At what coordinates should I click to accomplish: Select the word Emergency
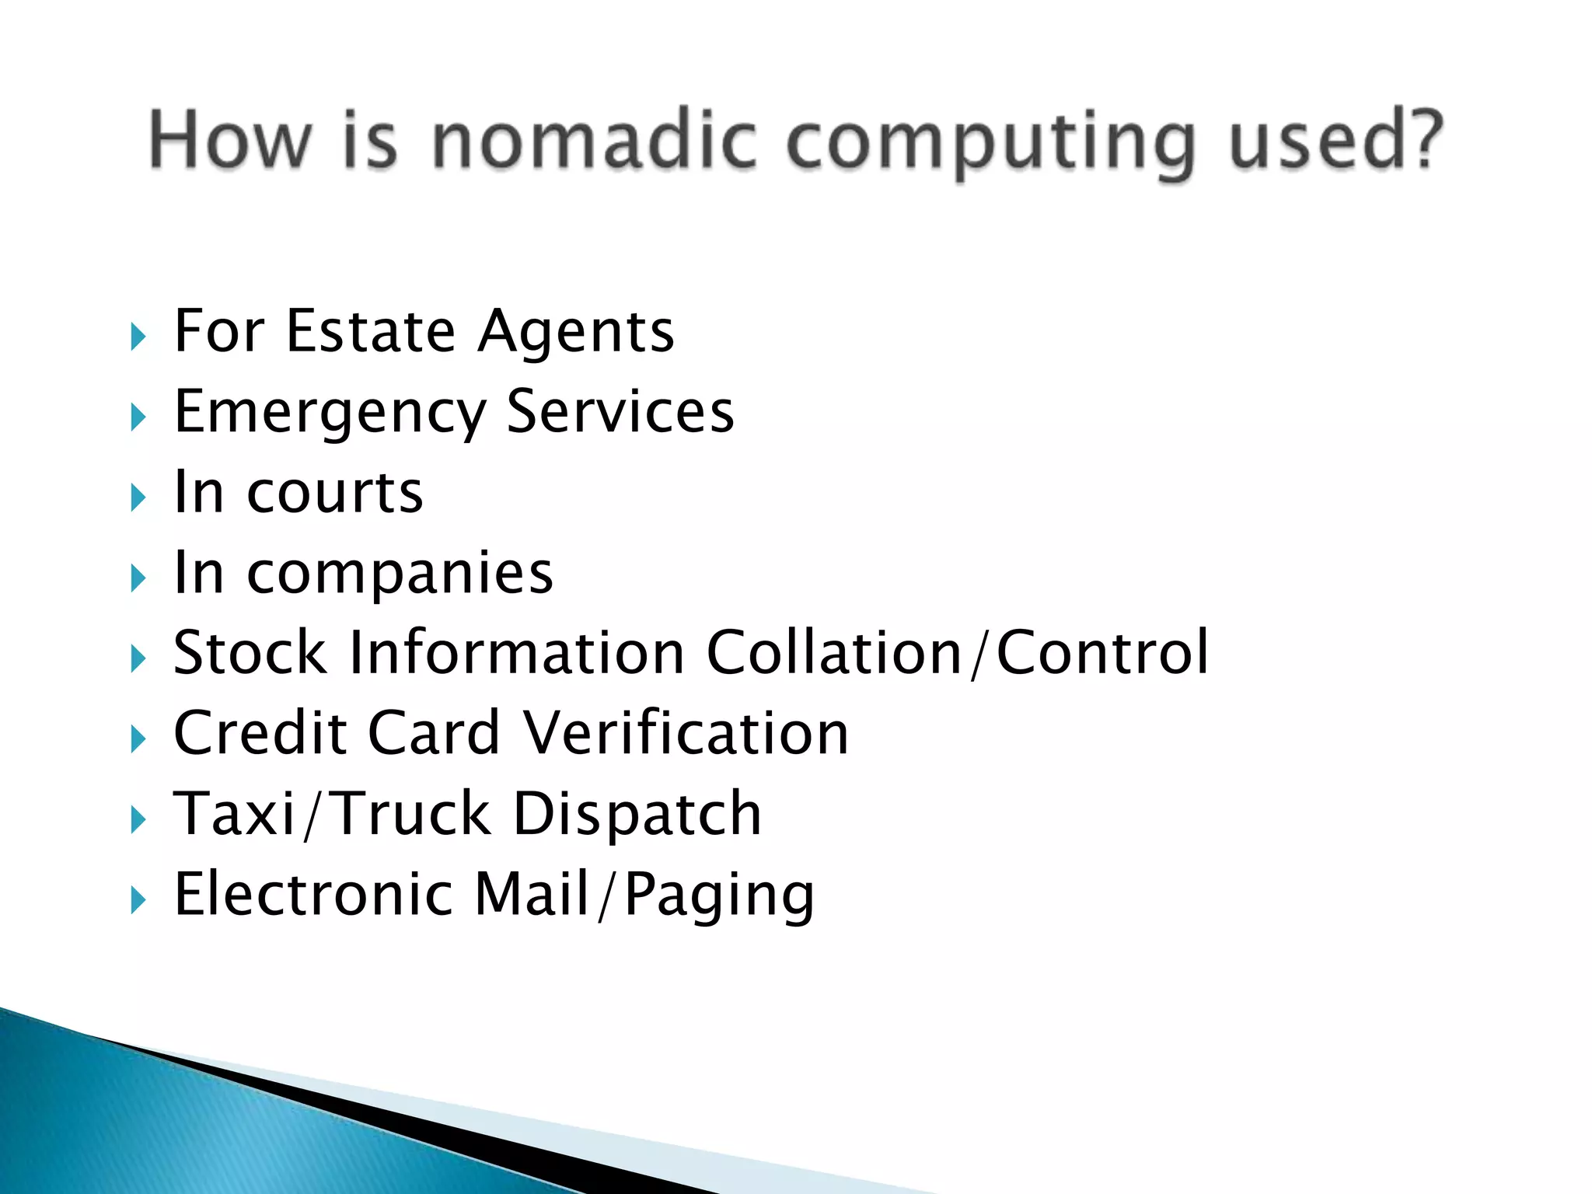(x=330, y=414)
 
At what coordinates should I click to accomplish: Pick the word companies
(x=400, y=574)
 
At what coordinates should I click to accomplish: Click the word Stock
(x=250, y=652)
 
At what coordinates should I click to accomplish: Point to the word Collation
(x=834, y=652)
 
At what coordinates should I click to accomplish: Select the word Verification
(x=686, y=733)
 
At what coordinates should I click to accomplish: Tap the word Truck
(x=413, y=814)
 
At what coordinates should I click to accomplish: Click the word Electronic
(x=313, y=894)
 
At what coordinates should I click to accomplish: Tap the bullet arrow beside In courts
(x=138, y=498)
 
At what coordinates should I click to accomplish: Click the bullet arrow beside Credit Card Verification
(x=138, y=739)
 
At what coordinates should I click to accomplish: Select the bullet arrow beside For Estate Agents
(x=138, y=337)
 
